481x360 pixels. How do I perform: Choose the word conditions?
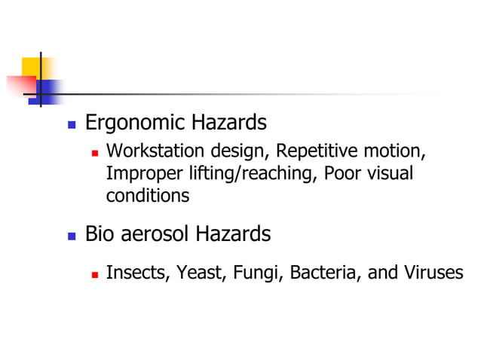pyautogui.click(x=148, y=196)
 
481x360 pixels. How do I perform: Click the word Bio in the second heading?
pyautogui.click(x=99, y=234)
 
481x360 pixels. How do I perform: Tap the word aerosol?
pyautogui.click(x=152, y=234)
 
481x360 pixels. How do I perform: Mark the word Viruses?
pyautogui.click(x=434, y=272)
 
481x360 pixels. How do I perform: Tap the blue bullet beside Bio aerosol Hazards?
pyautogui.click(x=72, y=236)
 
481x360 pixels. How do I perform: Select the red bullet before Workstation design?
pyautogui.click(x=95, y=153)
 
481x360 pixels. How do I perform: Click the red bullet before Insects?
pyautogui.click(x=95, y=273)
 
